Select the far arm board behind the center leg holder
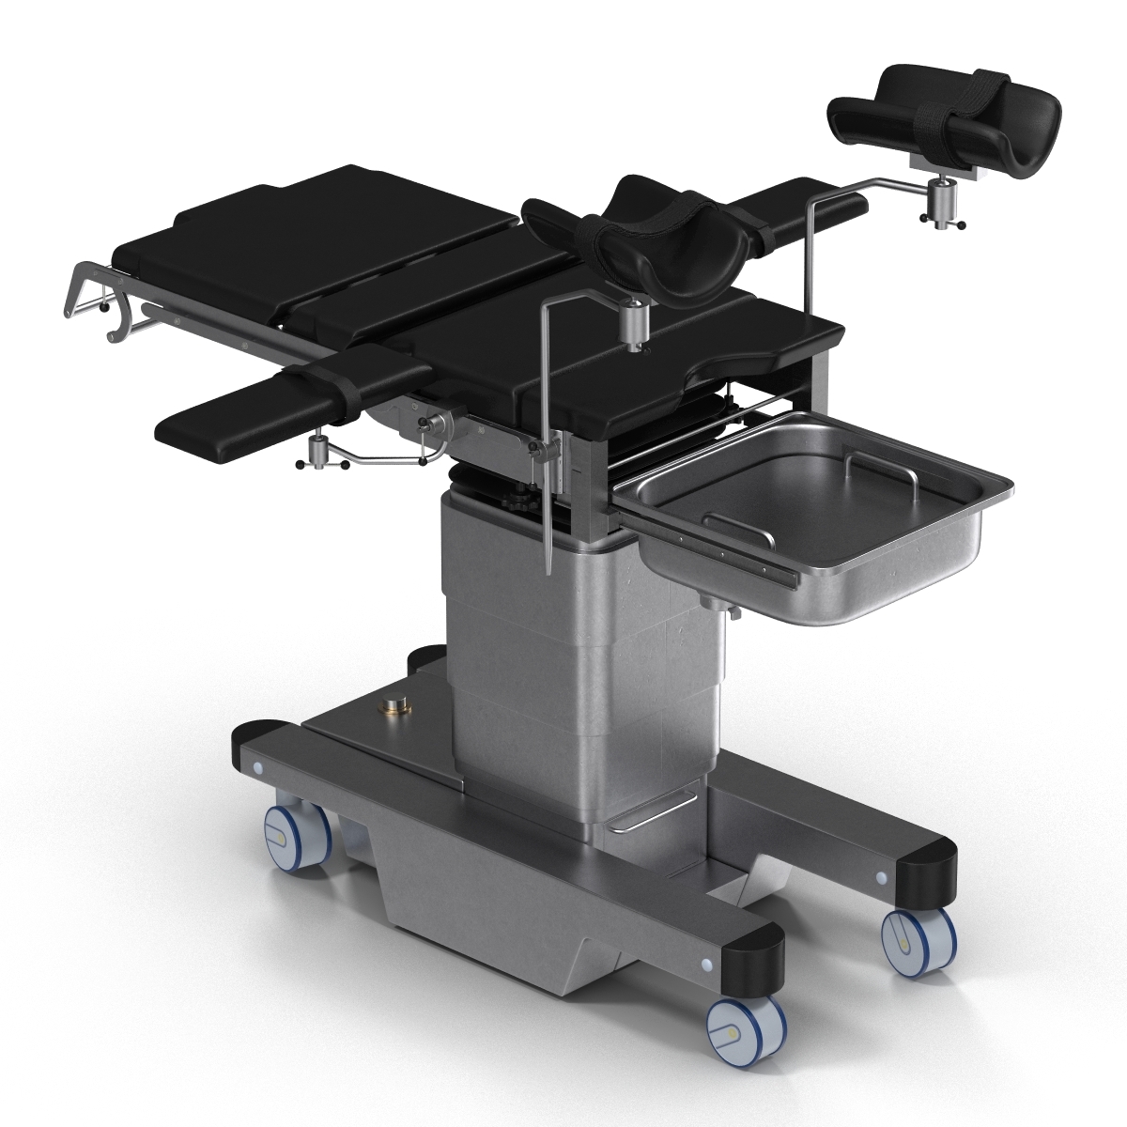click(803, 209)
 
